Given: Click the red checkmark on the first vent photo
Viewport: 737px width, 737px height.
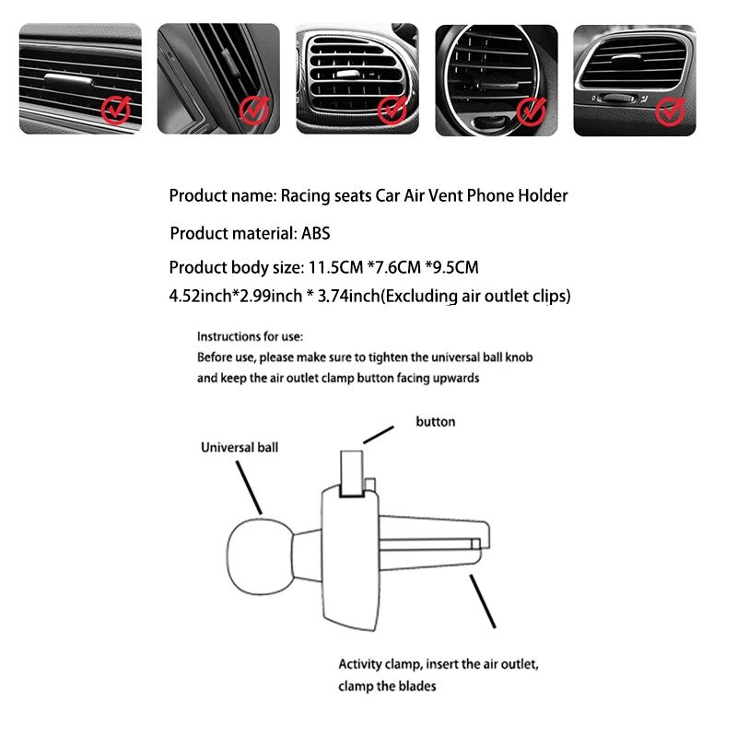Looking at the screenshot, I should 114,111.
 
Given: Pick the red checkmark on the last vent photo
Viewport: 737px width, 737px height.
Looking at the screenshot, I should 670,111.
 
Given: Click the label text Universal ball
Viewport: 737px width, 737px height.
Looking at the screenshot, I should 240,448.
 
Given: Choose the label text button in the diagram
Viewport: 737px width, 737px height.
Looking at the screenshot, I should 436,422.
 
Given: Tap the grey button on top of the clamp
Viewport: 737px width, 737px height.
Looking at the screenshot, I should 353,473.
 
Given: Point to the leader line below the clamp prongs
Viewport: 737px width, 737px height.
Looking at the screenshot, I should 484,604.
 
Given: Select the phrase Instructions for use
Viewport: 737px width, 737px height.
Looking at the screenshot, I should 250,337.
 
